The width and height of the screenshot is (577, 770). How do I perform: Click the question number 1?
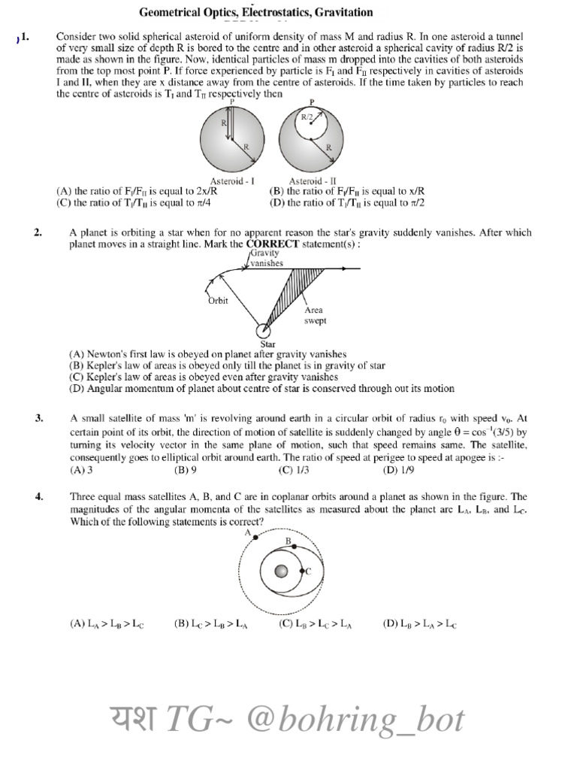(x=25, y=36)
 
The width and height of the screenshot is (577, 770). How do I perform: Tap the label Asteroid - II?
(x=311, y=181)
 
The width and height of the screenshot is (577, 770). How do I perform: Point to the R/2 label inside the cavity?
(x=308, y=117)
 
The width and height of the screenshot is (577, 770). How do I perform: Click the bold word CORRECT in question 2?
(x=273, y=244)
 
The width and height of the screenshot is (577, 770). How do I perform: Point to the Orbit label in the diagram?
(x=217, y=301)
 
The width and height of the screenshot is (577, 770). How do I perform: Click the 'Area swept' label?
(x=315, y=315)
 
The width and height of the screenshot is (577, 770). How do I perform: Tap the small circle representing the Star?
(x=263, y=331)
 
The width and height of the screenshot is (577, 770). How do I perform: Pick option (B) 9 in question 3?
(x=185, y=470)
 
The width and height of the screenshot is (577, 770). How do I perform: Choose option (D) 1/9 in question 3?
(x=398, y=470)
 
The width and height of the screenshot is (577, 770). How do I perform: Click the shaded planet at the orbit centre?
(x=281, y=572)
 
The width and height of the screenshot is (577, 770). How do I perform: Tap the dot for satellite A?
(x=256, y=537)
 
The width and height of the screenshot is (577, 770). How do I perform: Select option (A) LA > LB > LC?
(x=107, y=623)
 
